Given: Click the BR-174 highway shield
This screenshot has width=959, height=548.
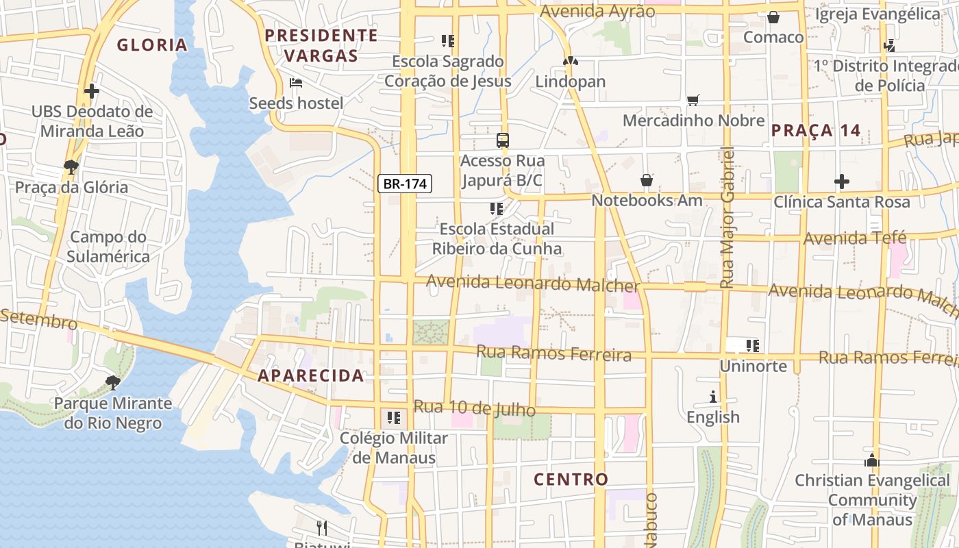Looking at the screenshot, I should (x=405, y=184).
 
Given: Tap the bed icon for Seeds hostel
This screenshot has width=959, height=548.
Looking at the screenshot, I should (x=296, y=83).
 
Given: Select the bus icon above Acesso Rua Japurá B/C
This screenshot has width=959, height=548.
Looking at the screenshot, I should (x=503, y=140).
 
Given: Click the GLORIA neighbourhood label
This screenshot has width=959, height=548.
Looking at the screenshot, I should (x=152, y=45).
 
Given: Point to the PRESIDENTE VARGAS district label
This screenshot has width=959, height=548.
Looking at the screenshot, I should (x=321, y=45).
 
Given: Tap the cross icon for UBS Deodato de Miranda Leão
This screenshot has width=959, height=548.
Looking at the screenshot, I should (x=92, y=90).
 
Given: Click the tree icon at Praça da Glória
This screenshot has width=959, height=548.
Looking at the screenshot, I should (x=71, y=166).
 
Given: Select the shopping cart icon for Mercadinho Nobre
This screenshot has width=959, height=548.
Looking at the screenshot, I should (x=693, y=101).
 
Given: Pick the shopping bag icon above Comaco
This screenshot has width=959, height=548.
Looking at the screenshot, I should (x=773, y=17).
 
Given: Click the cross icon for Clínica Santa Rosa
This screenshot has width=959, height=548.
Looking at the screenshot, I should (x=842, y=182).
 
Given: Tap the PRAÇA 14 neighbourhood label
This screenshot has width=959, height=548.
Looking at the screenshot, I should (x=816, y=131).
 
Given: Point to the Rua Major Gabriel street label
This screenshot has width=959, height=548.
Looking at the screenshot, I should (x=727, y=216).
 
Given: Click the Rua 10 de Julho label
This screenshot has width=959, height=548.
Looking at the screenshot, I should (x=475, y=408).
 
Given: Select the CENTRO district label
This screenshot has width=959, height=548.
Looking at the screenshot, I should (x=571, y=480).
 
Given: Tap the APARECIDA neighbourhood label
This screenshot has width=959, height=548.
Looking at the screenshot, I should (x=311, y=375).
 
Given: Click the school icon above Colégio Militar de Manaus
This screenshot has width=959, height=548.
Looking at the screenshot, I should (x=393, y=417).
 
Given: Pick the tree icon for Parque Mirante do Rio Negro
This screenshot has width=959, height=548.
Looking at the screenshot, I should (x=113, y=382).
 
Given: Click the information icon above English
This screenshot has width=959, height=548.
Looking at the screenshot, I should (x=713, y=397).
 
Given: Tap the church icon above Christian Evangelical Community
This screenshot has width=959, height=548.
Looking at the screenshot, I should (x=871, y=460).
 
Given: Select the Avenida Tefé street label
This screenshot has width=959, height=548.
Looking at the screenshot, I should (x=855, y=238).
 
